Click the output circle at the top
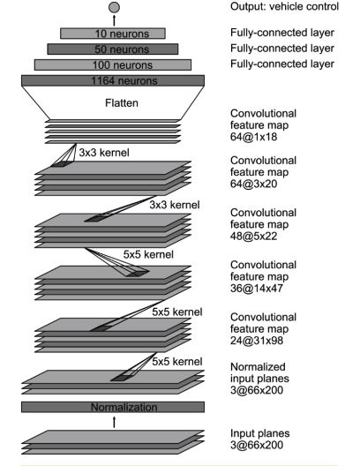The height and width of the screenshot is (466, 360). (x=114, y=7)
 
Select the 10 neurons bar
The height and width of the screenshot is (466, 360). (x=113, y=34)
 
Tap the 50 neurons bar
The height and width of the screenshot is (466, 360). (x=113, y=49)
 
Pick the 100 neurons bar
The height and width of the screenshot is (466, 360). (x=113, y=64)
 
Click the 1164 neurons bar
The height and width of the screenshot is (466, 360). (x=113, y=80)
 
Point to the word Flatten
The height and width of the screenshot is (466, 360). (x=122, y=103)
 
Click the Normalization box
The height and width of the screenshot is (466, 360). (x=113, y=407)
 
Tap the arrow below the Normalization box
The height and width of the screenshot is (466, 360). (x=114, y=422)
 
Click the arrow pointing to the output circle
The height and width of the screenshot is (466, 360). (x=114, y=20)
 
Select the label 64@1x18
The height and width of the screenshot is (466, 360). (x=253, y=137)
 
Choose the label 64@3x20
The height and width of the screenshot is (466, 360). (x=253, y=184)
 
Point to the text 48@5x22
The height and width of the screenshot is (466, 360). (x=253, y=236)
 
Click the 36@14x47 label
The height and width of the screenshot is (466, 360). (x=257, y=288)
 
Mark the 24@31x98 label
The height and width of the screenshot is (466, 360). (x=257, y=341)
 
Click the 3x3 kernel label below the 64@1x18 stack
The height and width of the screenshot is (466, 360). (x=104, y=153)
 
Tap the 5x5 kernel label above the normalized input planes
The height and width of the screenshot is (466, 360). (x=177, y=361)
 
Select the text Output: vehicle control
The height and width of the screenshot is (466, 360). (x=284, y=6)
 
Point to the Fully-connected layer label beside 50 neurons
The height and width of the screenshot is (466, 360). (x=282, y=49)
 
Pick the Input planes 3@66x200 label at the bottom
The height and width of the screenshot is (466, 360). (x=260, y=439)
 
